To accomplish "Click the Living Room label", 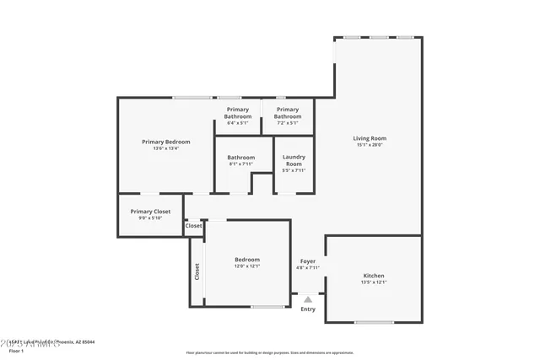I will (x=369, y=138).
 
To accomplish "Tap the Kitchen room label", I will (x=374, y=276).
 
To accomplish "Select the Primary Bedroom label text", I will (x=165, y=142).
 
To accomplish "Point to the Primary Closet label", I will (x=150, y=212).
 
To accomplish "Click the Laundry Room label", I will (x=294, y=160).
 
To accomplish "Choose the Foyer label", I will (x=308, y=261).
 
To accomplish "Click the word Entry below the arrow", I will (x=308, y=309).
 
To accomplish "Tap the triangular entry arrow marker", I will (x=308, y=298).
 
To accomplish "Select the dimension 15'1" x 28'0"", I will (x=369, y=145).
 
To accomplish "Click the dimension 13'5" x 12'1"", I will (x=374, y=282).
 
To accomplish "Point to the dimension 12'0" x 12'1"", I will (x=247, y=266).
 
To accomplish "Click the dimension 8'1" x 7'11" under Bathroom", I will (x=240, y=164).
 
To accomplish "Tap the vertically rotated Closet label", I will (x=197, y=271).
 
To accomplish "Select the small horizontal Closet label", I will (x=194, y=226).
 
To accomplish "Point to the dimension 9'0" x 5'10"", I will (x=150, y=218).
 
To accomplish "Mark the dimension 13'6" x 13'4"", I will (x=165, y=148).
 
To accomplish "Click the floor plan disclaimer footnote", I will (x=270, y=352).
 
